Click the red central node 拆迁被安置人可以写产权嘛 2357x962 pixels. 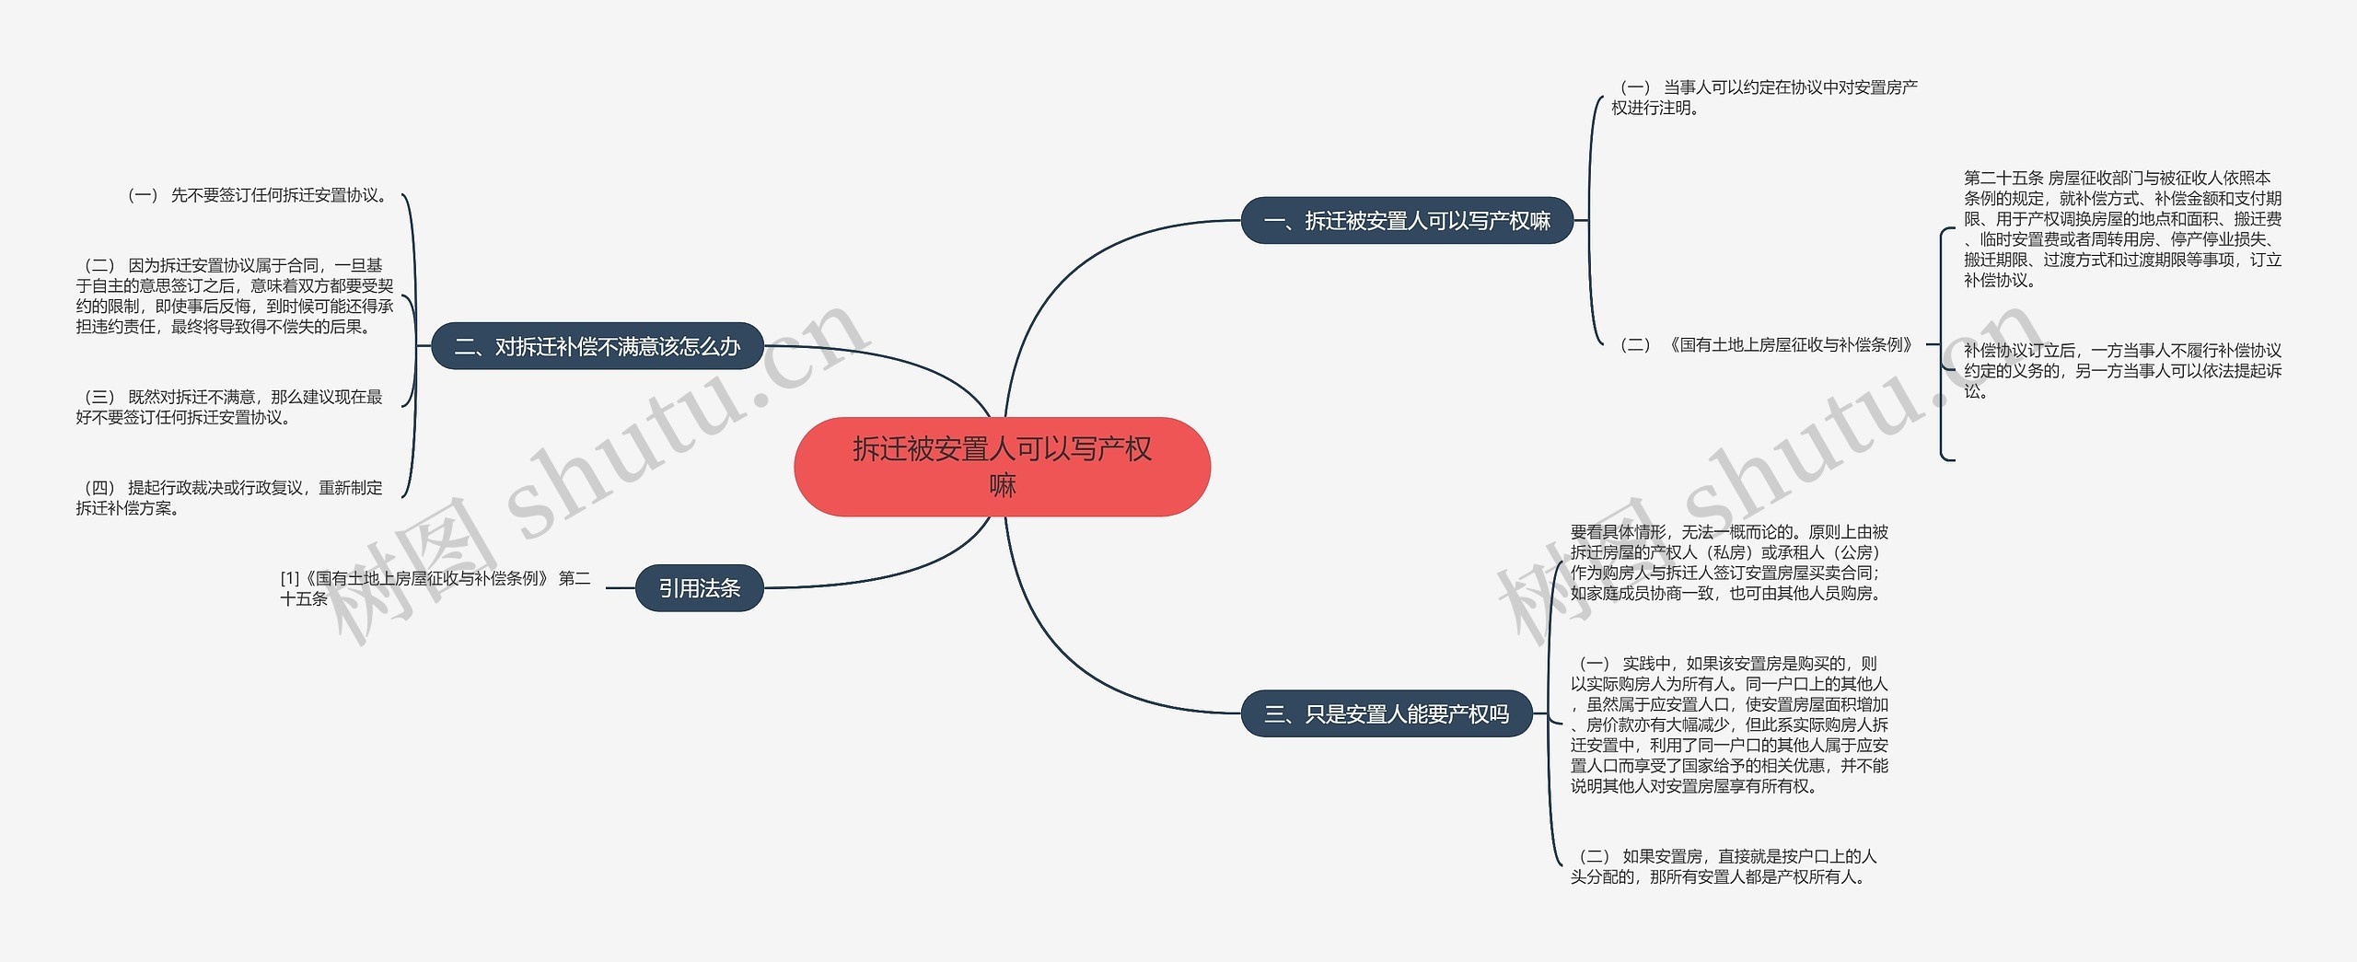click(x=1002, y=467)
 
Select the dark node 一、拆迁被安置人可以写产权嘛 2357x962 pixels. click(x=1407, y=221)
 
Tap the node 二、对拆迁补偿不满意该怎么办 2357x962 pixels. click(x=598, y=346)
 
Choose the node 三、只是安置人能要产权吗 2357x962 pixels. click(x=1387, y=713)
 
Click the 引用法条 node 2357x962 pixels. click(x=700, y=587)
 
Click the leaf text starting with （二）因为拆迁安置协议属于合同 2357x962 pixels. click(x=235, y=296)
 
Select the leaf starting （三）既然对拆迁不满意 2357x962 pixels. click(x=229, y=407)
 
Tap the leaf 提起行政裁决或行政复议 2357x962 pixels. click(x=229, y=497)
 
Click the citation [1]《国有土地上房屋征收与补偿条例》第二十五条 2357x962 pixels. click(x=435, y=588)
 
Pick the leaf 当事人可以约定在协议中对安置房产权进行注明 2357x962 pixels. click(x=1765, y=98)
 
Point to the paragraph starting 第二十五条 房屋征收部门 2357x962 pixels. click(x=2123, y=228)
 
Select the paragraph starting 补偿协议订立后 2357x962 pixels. click(x=2123, y=371)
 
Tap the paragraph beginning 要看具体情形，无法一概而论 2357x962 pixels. click(x=1730, y=562)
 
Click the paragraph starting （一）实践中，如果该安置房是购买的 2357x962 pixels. click(x=1730, y=724)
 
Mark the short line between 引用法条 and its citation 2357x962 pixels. click(x=621, y=587)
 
